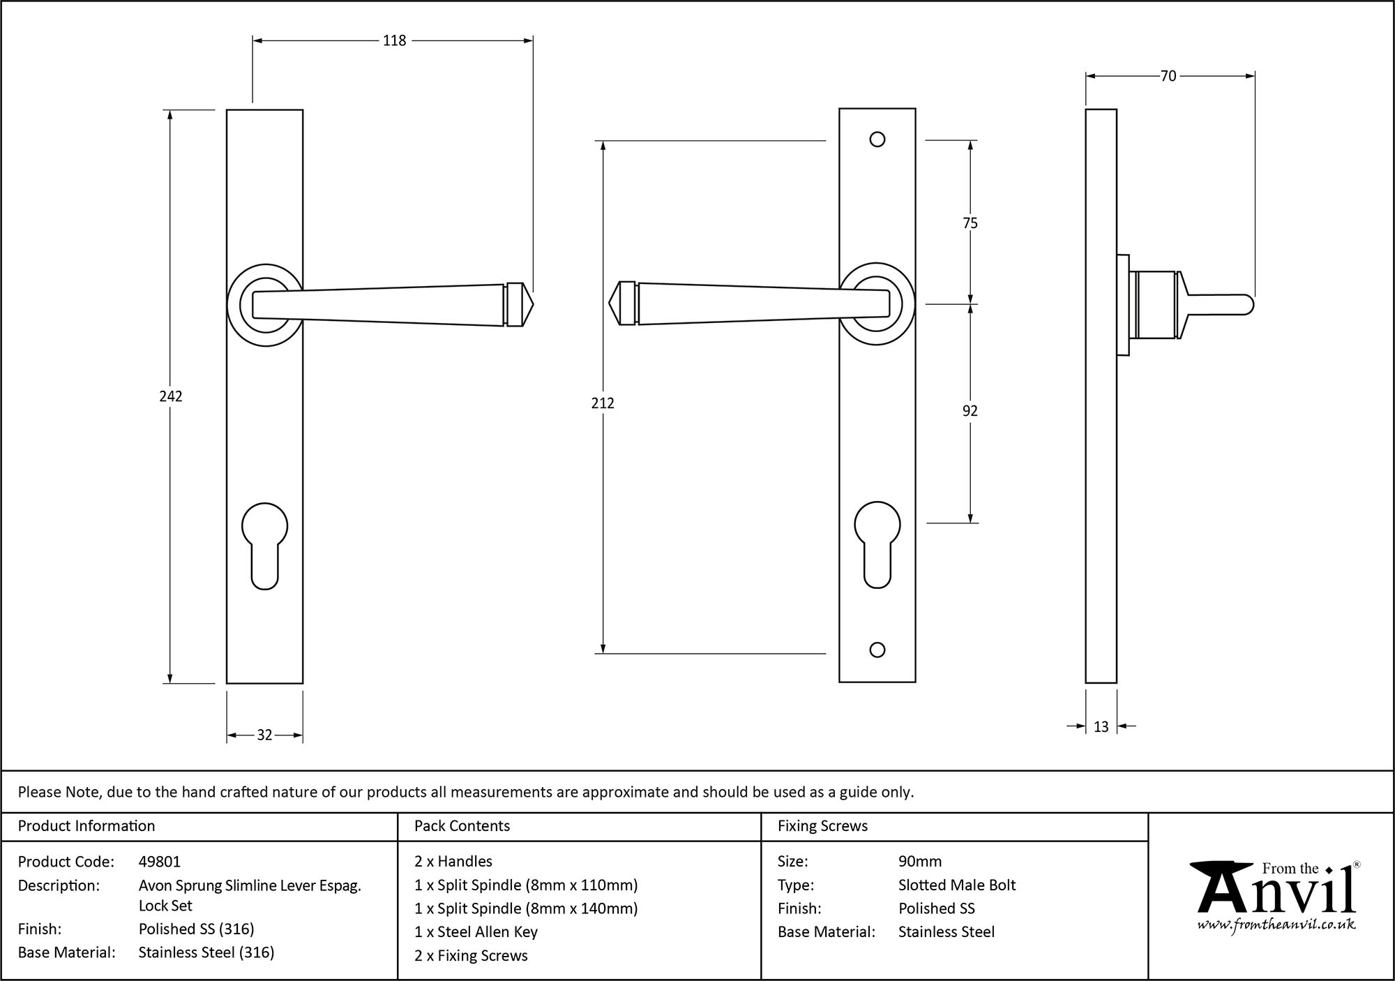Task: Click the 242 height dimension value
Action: pos(171,396)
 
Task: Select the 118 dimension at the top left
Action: pos(394,41)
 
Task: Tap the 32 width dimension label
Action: pos(264,735)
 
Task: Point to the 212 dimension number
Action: pos(603,403)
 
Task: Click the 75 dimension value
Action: pos(970,223)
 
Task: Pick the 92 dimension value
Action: pos(970,411)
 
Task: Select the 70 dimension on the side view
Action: pos(1168,76)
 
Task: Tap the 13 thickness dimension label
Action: pos(1101,727)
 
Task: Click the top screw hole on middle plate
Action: pos(877,140)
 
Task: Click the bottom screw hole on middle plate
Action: pos(877,650)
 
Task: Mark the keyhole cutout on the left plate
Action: pos(264,544)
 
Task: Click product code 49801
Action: pos(160,862)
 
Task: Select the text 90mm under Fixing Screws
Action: pos(919,862)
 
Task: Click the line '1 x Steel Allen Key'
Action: pos(476,932)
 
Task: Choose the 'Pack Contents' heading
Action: pos(462,826)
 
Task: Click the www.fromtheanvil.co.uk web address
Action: pos(1276,925)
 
